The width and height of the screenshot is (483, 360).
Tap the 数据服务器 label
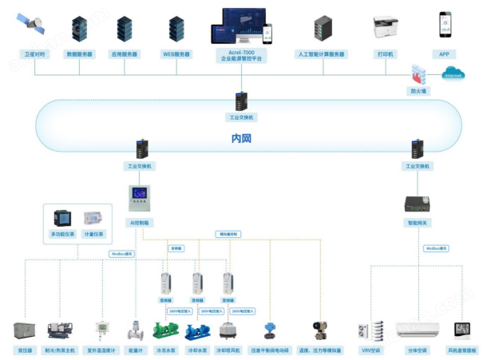point(79,54)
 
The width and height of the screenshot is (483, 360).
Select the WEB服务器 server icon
point(176,29)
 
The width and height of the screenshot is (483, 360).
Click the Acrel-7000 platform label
point(241,55)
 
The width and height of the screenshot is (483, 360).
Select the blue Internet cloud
point(453,73)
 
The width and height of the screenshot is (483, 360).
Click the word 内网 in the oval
point(241,138)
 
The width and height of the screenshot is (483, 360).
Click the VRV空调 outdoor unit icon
point(370,331)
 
